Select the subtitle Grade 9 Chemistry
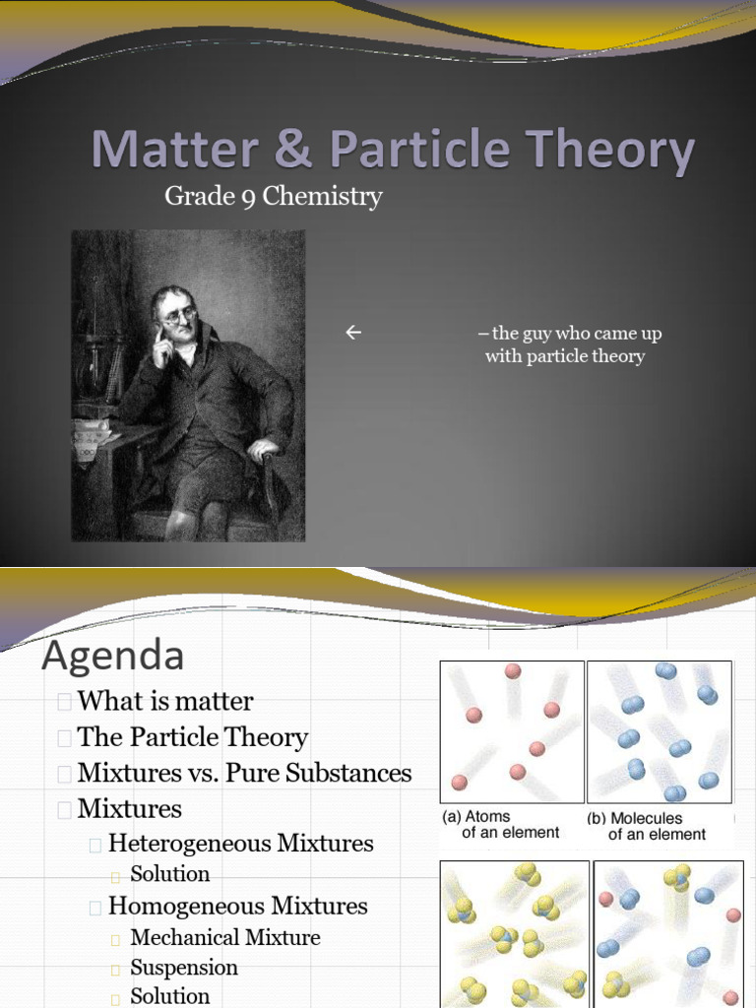[273, 196]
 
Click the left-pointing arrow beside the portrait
[353, 334]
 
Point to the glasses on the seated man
[179, 316]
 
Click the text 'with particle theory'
[564, 356]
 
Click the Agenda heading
[112, 656]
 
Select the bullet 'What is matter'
[164, 701]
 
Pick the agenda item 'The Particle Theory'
[192, 737]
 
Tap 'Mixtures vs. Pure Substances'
[244, 773]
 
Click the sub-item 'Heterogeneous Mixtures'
[240, 844]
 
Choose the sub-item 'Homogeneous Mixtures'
[237, 906]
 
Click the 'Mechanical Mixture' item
[224, 937]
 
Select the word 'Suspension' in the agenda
[184, 968]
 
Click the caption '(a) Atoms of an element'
[501, 825]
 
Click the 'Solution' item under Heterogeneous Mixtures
[170, 874]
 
